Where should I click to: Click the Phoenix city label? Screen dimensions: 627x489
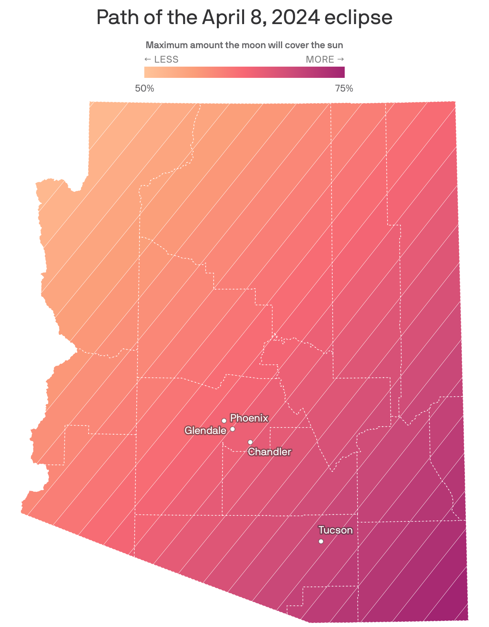click(x=249, y=418)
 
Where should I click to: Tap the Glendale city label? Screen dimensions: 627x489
click(x=205, y=431)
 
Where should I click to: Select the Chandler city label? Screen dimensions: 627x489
click(x=269, y=452)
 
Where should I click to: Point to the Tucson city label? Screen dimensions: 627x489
click(x=335, y=530)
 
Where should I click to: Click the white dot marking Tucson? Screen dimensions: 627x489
click(x=321, y=541)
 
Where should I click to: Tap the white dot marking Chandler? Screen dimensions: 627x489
click(x=251, y=442)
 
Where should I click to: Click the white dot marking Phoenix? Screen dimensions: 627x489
click(x=224, y=421)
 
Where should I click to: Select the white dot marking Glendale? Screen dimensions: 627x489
click(x=232, y=429)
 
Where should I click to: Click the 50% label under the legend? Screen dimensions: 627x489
click(x=145, y=88)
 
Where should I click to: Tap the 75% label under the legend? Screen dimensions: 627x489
click(x=344, y=88)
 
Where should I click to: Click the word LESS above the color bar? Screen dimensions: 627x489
click(x=166, y=59)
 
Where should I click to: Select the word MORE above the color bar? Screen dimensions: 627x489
click(x=320, y=59)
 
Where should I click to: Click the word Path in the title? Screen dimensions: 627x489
click(x=114, y=18)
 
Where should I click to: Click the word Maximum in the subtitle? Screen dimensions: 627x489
click(x=166, y=45)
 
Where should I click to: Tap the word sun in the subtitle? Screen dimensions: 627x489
click(x=335, y=45)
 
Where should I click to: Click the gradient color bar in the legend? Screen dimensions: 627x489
click(x=244, y=72)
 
